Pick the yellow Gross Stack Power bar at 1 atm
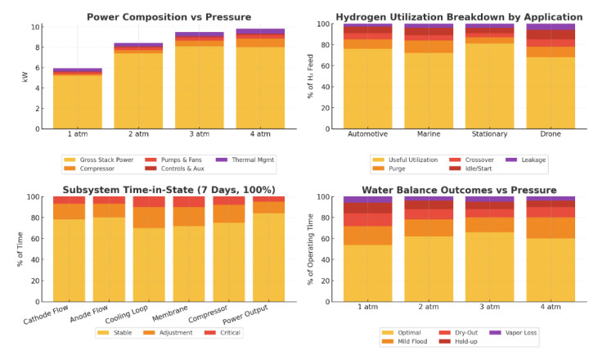(x=79, y=102)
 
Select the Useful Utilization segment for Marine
(x=428, y=91)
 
